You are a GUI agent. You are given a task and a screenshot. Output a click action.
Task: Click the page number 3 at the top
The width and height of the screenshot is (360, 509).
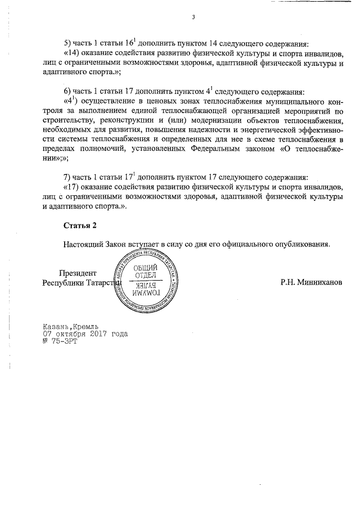click(x=193, y=17)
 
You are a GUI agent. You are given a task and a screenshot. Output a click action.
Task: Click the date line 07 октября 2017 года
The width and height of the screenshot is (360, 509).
click(x=85, y=334)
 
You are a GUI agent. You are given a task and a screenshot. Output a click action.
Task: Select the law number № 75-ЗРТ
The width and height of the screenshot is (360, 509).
click(x=59, y=341)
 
